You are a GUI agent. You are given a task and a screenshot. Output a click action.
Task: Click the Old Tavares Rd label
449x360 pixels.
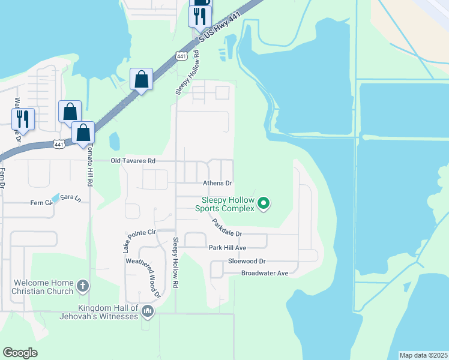133,161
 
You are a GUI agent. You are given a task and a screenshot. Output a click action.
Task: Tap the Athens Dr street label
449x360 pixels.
217,183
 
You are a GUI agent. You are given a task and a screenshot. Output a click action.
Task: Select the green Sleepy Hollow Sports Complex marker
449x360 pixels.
263,204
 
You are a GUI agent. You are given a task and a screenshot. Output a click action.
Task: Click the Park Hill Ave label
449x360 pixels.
228,247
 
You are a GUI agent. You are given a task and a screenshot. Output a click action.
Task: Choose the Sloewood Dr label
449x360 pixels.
246,262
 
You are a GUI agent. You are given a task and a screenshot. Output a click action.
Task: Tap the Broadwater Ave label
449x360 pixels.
265,273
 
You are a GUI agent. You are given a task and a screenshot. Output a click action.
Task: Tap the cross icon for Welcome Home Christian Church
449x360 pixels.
83,287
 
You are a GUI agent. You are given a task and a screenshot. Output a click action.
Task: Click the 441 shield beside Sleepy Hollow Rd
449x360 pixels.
181,56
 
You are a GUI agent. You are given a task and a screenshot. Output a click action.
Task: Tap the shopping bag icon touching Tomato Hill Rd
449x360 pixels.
83,133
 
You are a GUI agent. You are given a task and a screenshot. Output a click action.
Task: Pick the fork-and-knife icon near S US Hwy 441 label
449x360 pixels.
200,16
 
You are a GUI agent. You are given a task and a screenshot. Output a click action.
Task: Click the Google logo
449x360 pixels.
20,353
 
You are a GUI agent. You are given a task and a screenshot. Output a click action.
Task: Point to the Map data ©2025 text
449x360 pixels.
423,355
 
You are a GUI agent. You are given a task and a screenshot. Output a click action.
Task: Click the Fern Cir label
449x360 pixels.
41,203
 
